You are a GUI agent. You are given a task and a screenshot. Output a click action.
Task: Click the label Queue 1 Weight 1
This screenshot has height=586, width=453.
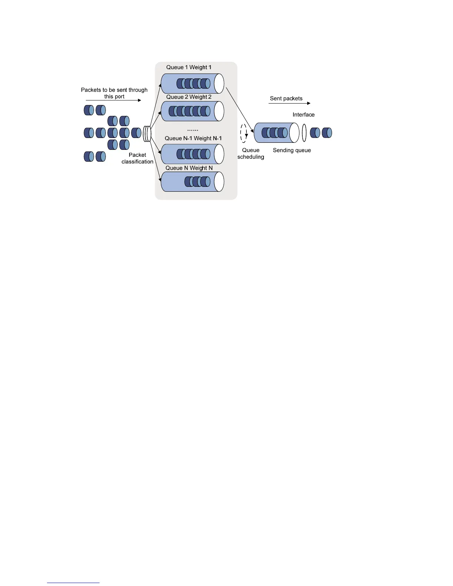[x=189, y=67]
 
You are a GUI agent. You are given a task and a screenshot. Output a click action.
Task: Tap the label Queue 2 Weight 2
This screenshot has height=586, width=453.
[x=189, y=97]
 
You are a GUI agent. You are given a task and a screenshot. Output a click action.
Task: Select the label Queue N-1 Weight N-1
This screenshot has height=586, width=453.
[x=193, y=138]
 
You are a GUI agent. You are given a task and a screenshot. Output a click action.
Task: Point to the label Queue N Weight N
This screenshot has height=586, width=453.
[x=189, y=168]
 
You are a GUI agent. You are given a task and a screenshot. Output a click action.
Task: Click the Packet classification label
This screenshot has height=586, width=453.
[x=137, y=158]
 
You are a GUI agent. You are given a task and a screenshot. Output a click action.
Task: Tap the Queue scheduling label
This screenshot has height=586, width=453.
[x=251, y=154]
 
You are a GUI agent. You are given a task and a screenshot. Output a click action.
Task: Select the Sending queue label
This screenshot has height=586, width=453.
[x=292, y=150]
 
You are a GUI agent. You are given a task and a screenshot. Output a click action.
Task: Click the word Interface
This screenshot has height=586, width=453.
[x=303, y=115]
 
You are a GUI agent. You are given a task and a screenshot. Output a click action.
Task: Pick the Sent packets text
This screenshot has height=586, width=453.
[x=286, y=98]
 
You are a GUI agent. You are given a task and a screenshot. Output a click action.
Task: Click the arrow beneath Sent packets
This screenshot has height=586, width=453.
[x=289, y=103]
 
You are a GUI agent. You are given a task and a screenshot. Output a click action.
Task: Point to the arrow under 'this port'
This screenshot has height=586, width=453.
[x=113, y=100]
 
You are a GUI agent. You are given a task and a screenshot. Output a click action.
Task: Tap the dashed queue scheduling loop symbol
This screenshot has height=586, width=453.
[x=244, y=133]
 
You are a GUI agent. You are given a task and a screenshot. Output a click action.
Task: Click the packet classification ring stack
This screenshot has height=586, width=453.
[x=147, y=134]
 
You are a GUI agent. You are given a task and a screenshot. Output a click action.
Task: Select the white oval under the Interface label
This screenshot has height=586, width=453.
[x=304, y=133]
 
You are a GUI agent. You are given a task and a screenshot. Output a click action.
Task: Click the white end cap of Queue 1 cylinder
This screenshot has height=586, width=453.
[x=219, y=84]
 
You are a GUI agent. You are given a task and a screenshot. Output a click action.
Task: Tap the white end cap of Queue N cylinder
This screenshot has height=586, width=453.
[x=219, y=182]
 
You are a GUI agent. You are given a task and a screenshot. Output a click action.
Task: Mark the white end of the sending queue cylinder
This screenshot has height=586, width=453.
[x=294, y=133]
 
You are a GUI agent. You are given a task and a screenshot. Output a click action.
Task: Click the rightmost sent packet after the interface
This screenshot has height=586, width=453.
[x=327, y=133]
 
